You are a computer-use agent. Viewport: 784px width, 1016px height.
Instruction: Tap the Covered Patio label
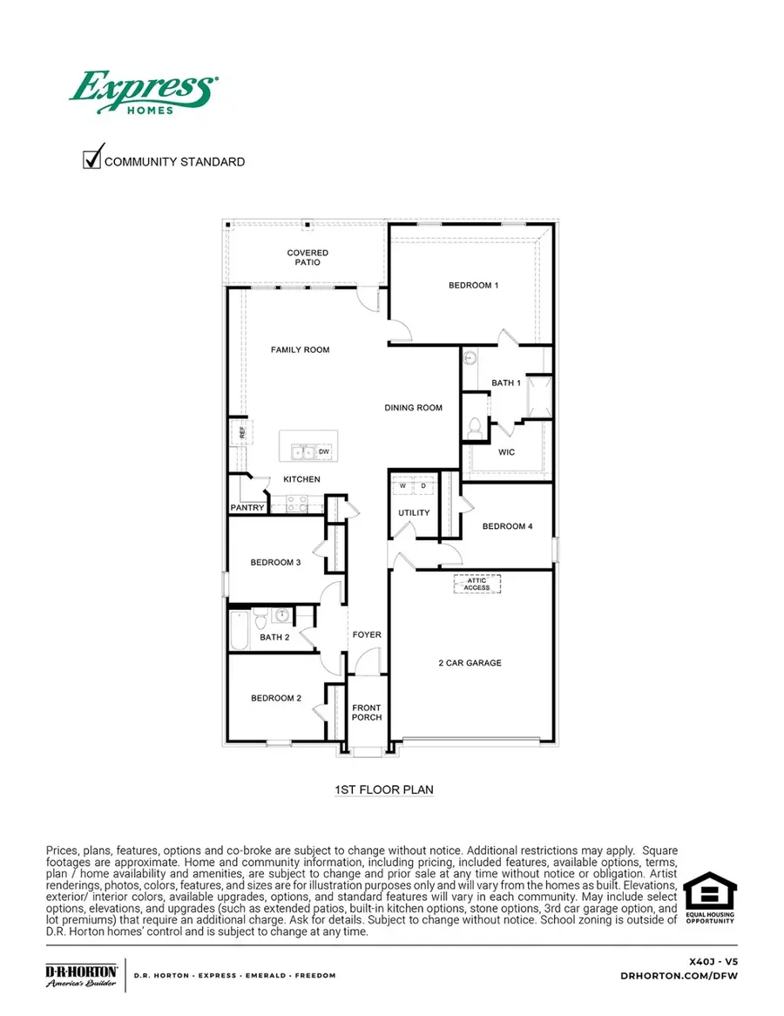pos(308,258)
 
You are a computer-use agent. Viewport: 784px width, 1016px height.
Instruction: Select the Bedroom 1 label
pos(473,286)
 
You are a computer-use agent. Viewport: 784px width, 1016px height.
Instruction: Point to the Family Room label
pos(300,350)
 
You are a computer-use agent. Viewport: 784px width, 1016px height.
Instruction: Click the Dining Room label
pos(414,408)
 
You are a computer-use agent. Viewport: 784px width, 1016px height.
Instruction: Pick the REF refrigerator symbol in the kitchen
pos(242,430)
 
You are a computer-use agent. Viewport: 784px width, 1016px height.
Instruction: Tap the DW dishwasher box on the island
pos(322,451)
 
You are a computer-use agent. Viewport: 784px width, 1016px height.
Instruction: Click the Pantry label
pos(247,508)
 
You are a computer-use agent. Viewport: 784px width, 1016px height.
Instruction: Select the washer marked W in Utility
pos(403,486)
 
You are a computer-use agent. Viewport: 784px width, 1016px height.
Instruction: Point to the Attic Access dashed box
pos(476,584)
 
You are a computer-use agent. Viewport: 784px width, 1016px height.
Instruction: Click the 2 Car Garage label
pos(470,663)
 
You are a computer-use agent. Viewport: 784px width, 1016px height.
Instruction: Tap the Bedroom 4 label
pos(507,526)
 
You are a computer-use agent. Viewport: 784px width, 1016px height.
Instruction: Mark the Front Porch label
pos(367,713)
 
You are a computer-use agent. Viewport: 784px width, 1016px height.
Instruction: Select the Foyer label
pos(367,635)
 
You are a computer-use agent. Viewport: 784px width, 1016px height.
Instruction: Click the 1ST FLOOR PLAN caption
pos(384,790)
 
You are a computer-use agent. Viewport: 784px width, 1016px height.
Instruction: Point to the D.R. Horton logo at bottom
pos(82,975)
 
